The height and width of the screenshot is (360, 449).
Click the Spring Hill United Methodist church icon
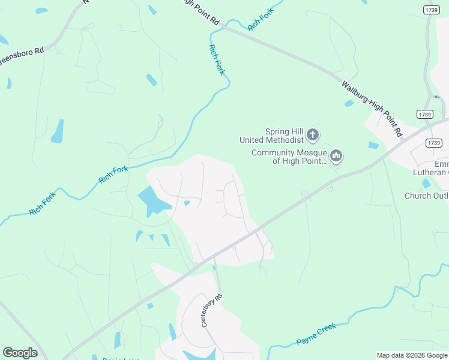313,135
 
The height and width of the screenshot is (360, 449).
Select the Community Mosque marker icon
336,157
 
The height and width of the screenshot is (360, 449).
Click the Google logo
20,353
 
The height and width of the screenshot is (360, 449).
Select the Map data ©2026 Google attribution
411,355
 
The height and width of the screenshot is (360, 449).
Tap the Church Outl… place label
426,196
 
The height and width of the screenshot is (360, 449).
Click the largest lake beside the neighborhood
153,201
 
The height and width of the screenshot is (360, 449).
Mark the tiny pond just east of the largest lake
187,203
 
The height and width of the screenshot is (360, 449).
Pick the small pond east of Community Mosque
373,145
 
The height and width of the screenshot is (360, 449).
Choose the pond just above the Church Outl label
426,184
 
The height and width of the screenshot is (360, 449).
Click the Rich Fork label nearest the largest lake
113,175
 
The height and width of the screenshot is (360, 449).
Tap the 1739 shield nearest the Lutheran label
433,142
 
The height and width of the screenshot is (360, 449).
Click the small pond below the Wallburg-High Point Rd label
349,103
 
